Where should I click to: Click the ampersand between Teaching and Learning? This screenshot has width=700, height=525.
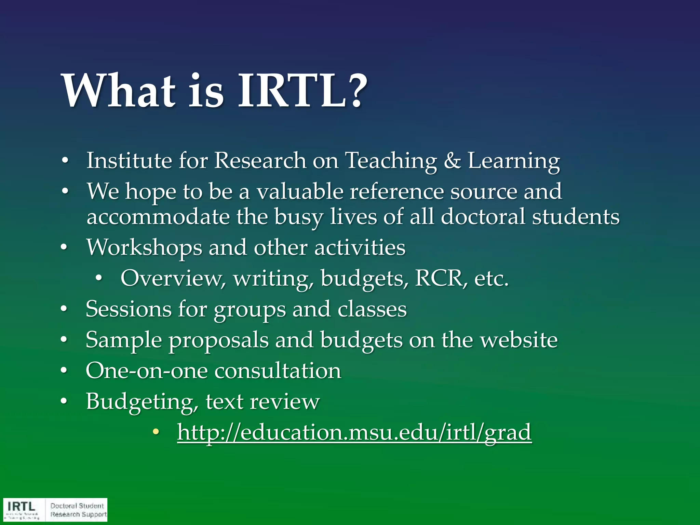(x=452, y=161)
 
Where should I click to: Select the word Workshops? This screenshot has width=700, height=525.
(x=144, y=248)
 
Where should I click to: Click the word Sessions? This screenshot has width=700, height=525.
(x=129, y=309)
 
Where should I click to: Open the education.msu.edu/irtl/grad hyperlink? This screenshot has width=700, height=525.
(x=354, y=432)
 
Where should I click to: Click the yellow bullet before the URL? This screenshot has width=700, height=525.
(x=156, y=432)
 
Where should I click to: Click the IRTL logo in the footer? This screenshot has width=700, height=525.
(x=23, y=509)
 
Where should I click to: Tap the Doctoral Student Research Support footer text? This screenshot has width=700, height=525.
(x=78, y=510)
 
